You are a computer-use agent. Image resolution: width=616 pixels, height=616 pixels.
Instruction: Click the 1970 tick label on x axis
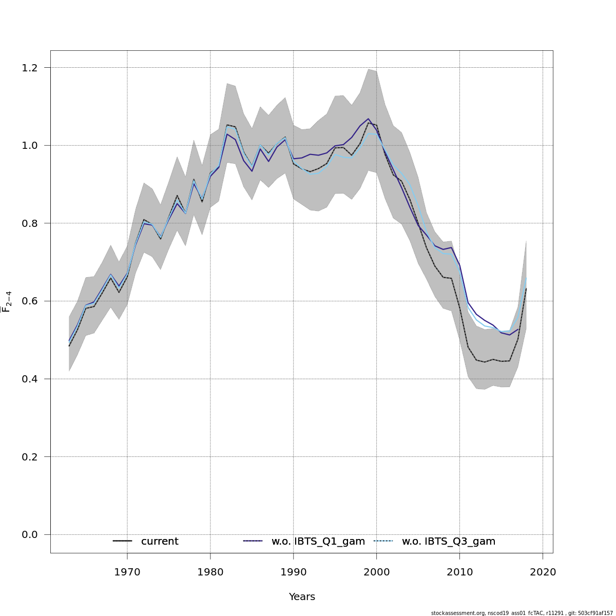click(127, 572)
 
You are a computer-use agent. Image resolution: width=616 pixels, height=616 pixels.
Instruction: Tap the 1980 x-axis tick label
click(210, 572)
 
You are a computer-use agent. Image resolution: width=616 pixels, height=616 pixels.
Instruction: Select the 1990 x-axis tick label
click(294, 572)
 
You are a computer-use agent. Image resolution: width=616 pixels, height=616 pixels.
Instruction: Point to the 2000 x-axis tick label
click(376, 572)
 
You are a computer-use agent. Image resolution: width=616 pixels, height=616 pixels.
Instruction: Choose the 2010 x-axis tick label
click(459, 572)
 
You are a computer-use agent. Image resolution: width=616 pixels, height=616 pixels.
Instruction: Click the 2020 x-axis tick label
click(543, 572)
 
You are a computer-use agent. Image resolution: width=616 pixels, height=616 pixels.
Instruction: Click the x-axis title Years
click(302, 597)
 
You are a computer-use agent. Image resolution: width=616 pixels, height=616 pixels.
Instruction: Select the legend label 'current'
click(160, 542)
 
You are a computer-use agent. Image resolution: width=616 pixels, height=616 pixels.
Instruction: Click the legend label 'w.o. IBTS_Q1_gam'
click(318, 542)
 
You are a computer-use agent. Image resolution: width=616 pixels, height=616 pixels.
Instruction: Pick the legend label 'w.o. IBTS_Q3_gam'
click(449, 542)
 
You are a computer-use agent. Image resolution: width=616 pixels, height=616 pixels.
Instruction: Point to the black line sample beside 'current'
click(123, 542)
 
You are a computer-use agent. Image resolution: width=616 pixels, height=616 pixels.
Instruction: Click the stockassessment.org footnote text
click(522, 613)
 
